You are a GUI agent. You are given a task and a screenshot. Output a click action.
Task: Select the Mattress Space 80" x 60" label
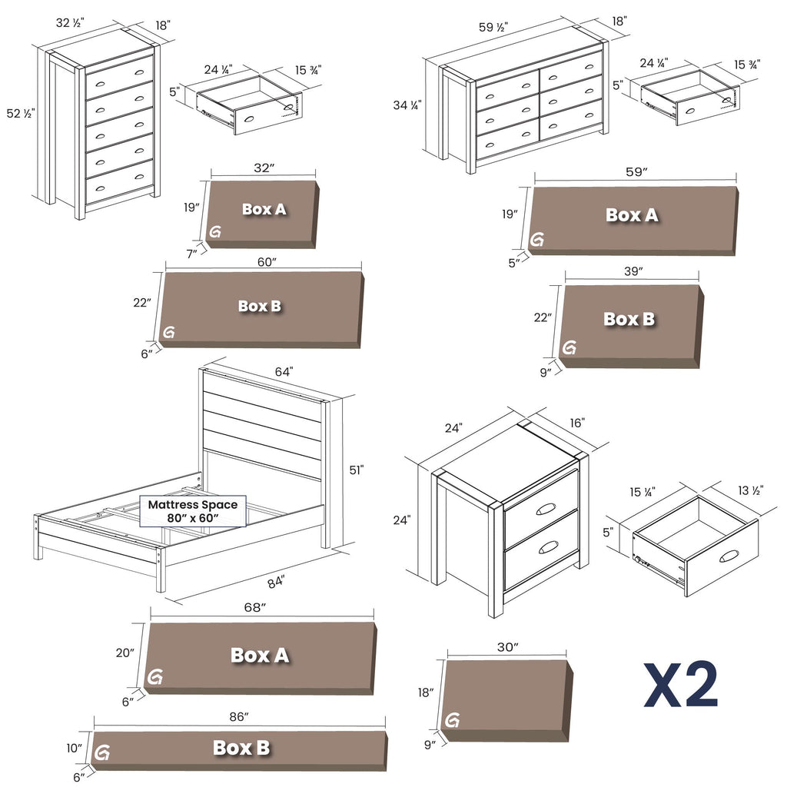click(193, 511)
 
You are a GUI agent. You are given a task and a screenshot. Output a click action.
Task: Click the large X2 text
click(681, 685)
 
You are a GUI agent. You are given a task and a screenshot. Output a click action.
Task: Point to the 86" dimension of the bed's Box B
click(239, 717)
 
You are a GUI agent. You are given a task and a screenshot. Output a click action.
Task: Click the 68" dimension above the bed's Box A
click(254, 608)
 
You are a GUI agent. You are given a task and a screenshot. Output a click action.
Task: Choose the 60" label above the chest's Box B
click(267, 262)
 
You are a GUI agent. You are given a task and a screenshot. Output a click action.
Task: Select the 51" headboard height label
click(356, 469)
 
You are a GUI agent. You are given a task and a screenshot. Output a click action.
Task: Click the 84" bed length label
click(274, 581)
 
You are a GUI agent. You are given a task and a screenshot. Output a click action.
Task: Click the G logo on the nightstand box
click(452, 720)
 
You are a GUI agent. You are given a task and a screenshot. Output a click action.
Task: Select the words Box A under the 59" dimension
click(632, 215)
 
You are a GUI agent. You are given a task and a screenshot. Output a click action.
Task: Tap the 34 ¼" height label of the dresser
click(407, 105)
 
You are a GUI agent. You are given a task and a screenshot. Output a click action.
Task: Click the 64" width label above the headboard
click(284, 372)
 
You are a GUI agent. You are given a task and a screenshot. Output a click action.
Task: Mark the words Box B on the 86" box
click(241, 748)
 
